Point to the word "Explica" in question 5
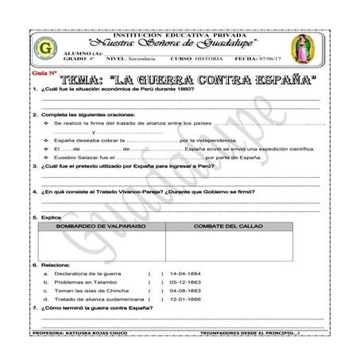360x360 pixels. point(52,217)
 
